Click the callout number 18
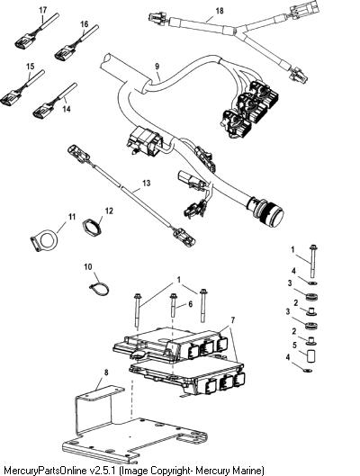(220, 11)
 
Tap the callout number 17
(43, 10)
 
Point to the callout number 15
(31, 67)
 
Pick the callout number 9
(157, 67)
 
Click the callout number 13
(147, 183)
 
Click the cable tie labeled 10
(99, 289)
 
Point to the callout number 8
(106, 373)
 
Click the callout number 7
(233, 320)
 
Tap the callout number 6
(190, 304)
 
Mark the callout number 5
(294, 346)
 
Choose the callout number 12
(109, 211)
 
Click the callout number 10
(88, 267)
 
